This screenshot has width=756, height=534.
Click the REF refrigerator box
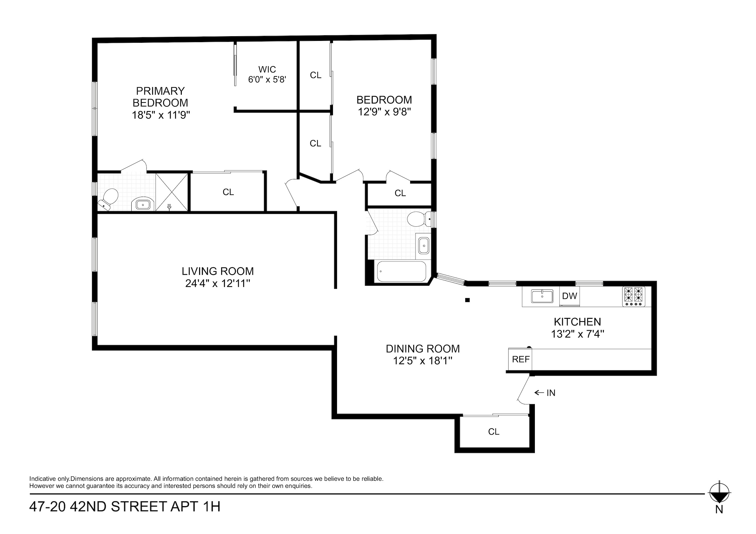click(x=521, y=359)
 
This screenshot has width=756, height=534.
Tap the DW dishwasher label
click(x=569, y=296)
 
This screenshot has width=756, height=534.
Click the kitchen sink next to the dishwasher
click(x=542, y=296)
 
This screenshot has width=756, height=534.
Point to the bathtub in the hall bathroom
click(x=401, y=272)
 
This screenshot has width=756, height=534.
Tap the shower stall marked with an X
click(x=172, y=192)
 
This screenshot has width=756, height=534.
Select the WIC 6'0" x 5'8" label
click(x=267, y=74)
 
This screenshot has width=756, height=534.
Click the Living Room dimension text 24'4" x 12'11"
click(x=218, y=283)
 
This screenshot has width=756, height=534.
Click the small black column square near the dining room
click(x=467, y=300)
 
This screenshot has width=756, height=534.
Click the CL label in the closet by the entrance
click(x=494, y=432)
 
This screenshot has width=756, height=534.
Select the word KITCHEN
click(x=577, y=322)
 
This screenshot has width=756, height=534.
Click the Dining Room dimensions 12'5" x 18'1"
click(x=422, y=361)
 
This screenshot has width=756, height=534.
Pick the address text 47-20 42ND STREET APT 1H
click(x=125, y=507)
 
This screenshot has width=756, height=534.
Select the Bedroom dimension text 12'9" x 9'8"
click(x=384, y=112)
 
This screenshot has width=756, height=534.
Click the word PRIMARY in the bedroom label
click(x=160, y=91)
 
